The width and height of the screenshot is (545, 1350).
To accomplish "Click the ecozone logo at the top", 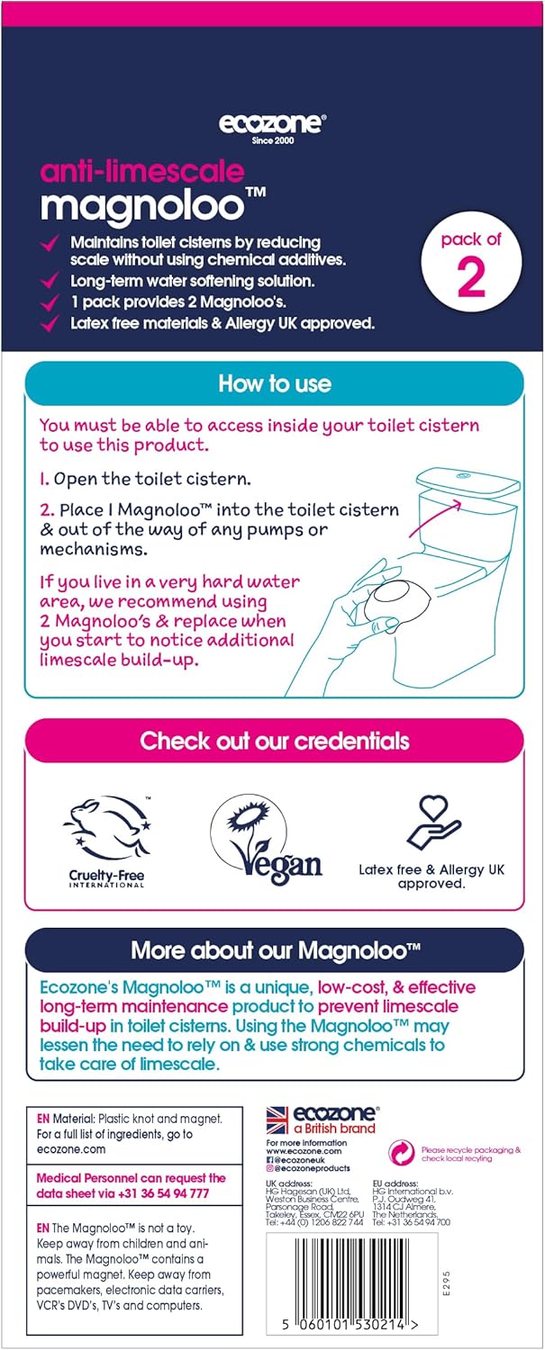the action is click(x=272, y=126).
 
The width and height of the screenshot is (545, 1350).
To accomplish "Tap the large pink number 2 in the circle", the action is click(x=471, y=277).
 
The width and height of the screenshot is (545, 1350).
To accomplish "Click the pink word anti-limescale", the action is click(x=142, y=172).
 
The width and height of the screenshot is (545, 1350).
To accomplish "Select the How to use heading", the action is click(x=275, y=384).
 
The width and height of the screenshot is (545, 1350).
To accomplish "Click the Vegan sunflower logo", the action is click(x=266, y=840).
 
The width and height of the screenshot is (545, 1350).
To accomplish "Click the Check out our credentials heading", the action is click(x=275, y=741).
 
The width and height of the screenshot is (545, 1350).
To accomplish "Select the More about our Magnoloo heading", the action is click(x=276, y=950).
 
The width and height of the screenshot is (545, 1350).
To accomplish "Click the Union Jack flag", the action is click(x=277, y=1120).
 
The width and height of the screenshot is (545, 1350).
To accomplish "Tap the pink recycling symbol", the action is click(x=402, y=1153).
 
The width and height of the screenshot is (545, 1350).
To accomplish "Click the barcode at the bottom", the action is click(x=352, y=1276).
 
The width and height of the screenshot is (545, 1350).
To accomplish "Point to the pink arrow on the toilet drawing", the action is click(x=434, y=519).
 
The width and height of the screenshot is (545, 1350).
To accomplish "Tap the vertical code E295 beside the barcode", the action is click(x=445, y=1283).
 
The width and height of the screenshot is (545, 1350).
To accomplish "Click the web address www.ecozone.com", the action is click(x=304, y=1150).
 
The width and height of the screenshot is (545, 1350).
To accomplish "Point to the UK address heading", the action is click(x=289, y=1183).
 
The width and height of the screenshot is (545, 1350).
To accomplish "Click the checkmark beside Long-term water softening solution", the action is click(x=50, y=280).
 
